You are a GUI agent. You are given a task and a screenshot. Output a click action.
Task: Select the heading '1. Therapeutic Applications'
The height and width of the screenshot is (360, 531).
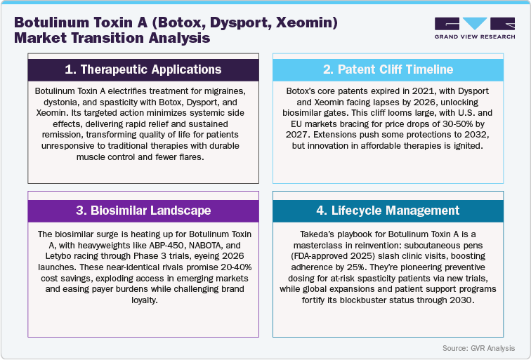[x=143, y=69]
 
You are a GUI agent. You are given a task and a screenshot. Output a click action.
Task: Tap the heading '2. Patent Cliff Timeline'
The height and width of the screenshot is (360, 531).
[x=388, y=69]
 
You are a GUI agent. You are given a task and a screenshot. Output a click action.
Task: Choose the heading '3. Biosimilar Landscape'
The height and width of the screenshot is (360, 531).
[x=143, y=210]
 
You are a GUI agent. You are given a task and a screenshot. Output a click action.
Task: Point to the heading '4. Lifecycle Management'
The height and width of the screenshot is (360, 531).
[x=388, y=210]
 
